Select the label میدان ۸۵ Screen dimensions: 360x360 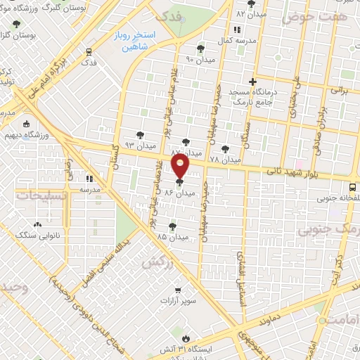click(x=173, y=237)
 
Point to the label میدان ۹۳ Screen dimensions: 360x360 click(x=139, y=146)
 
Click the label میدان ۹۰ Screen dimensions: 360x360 click(x=199, y=59)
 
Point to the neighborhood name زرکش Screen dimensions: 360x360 click(x=157, y=262)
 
